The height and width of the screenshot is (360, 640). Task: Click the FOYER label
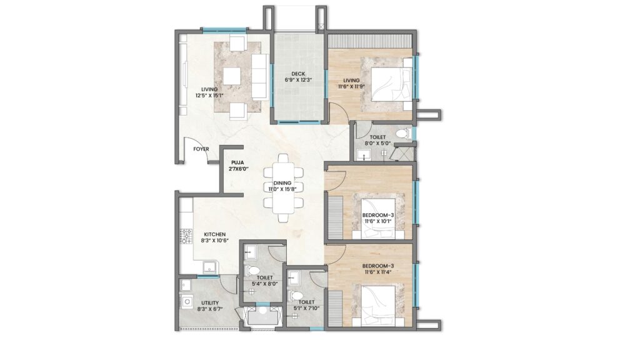201,149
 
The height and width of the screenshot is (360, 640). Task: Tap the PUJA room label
237,162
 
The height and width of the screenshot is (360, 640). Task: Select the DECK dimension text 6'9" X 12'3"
298,80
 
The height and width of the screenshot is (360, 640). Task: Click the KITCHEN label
215,234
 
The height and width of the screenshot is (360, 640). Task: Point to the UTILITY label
210,303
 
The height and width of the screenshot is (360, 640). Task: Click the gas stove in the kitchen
186,236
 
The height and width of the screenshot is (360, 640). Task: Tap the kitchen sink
211,268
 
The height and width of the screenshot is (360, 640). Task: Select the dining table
283,187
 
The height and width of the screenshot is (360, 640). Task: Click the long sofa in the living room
259,76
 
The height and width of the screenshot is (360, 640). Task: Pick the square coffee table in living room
232,76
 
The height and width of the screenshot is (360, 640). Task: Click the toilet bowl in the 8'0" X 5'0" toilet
403,133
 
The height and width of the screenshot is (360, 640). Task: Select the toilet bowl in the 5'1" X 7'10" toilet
296,296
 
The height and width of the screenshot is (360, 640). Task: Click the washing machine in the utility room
187,302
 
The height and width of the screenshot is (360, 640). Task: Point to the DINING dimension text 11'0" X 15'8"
282,189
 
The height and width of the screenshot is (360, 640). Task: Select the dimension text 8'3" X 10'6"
215,241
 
